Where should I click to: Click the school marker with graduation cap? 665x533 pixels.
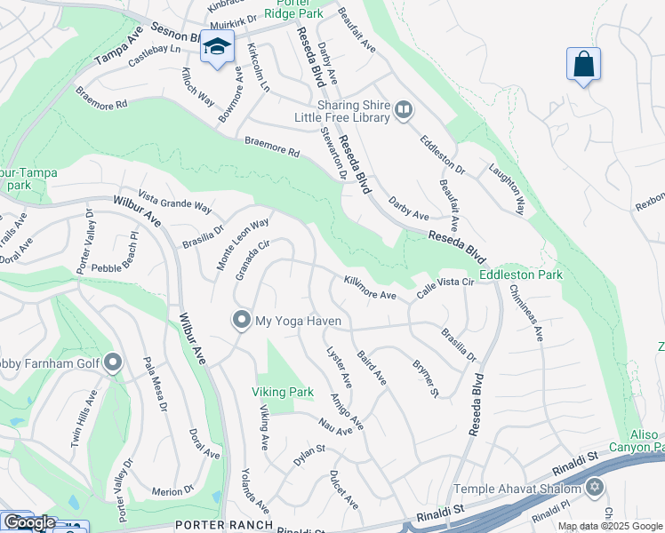point(216,48)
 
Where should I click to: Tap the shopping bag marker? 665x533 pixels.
point(583,64)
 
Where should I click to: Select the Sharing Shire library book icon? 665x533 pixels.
point(404,110)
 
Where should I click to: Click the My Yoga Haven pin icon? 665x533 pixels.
point(240,320)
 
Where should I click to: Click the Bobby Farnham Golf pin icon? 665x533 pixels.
point(112,362)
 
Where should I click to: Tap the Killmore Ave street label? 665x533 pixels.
point(370,288)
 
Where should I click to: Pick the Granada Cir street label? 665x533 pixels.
point(252,259)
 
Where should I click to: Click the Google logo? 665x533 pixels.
point(29,523)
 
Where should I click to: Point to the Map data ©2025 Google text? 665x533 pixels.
point(610,526)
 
